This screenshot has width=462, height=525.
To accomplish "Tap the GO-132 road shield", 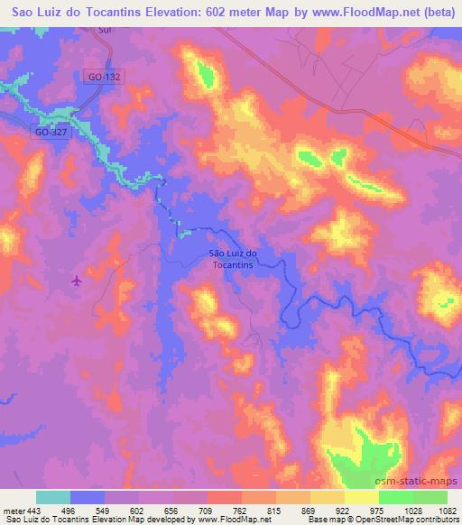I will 105,78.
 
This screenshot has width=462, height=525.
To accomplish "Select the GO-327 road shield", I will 51,132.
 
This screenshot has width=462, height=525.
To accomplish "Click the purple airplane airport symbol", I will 77,281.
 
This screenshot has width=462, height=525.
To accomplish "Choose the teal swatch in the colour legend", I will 53,496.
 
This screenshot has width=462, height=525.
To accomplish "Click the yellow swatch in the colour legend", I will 362,496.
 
